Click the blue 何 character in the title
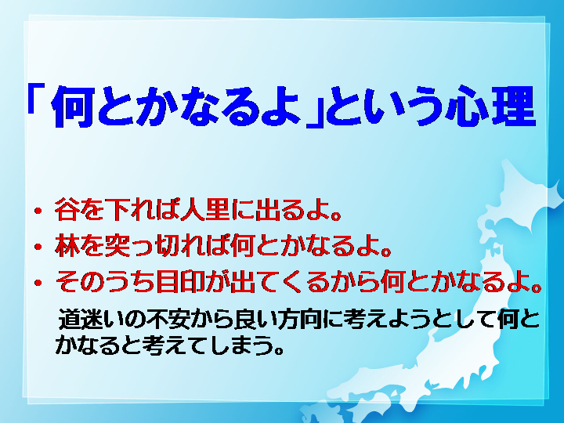click(71, 107)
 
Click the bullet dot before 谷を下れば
click(38, 211)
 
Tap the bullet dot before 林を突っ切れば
click(38, 247)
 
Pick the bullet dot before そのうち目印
click(38, 282)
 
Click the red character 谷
click(67, 209)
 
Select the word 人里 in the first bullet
click(205, 209)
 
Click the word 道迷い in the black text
click(92, 319)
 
